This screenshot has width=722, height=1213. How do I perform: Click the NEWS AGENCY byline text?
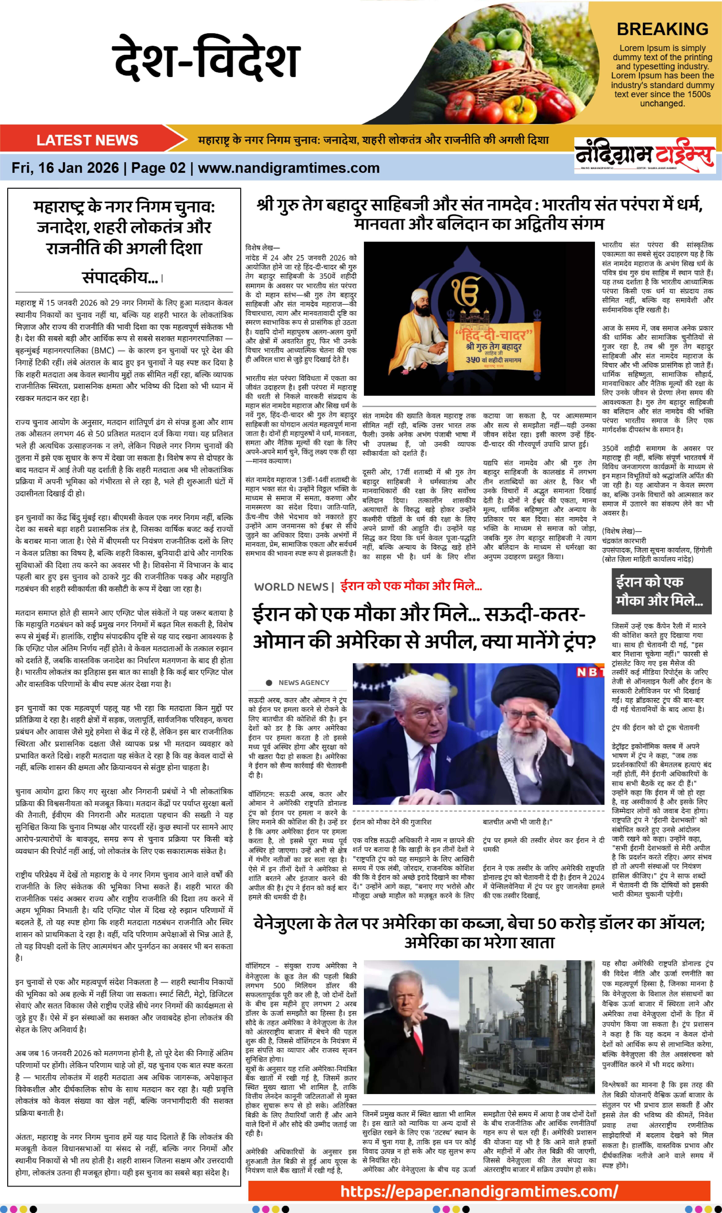click(x=304, y=683)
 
